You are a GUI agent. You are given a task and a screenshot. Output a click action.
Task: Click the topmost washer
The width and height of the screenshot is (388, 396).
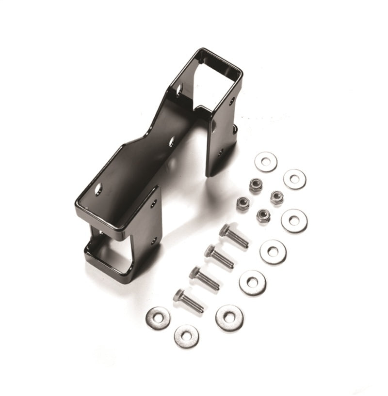266,161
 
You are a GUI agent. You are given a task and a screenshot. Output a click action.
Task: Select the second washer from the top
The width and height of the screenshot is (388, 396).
294,179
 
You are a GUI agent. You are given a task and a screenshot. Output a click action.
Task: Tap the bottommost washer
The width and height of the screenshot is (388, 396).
186,335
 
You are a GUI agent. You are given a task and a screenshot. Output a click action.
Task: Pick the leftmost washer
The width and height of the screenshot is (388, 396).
158,318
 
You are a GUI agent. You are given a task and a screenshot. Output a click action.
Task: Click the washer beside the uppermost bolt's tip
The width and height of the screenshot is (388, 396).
273,251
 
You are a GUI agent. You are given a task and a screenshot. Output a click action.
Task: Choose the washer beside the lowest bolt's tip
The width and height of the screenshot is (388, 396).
229,318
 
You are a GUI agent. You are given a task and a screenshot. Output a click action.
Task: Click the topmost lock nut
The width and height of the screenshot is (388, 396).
256,184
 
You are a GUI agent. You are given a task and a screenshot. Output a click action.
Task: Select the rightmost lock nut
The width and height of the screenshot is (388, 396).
277,197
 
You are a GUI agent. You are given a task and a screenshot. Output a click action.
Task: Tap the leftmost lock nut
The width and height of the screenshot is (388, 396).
243,203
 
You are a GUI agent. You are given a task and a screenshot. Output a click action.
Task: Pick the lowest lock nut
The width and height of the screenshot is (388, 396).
263,215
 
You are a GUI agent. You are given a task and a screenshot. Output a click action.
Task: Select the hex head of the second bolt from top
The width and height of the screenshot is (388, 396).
210,251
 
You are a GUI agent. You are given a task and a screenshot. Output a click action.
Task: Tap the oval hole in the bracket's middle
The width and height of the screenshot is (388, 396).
172,141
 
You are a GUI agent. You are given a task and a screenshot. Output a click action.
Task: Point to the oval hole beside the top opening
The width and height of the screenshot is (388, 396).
179,91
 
